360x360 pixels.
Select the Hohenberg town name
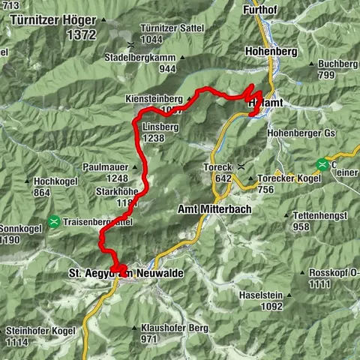coord(271,52)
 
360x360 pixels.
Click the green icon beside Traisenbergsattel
coord(55,221)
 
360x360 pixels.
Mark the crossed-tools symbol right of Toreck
coord(241,166)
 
